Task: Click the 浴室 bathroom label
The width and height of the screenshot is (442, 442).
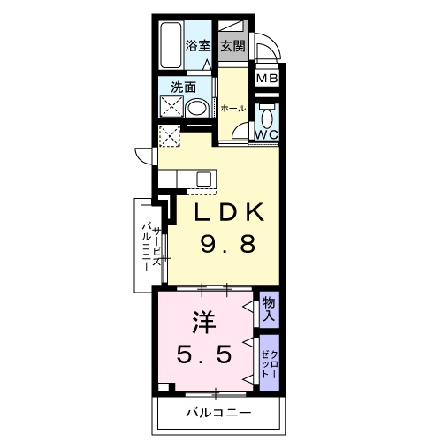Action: point(198,46)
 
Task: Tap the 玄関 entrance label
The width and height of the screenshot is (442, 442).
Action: point(233,46)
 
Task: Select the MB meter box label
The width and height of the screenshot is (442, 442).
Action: point(267,79)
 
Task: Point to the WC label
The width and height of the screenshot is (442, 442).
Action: point(266,134)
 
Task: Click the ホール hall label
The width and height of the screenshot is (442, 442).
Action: point(233,109)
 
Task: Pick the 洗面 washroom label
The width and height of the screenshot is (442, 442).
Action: point(184,88)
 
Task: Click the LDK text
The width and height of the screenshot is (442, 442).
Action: point(228,212)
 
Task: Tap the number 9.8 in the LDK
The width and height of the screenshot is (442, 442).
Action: point(228,245)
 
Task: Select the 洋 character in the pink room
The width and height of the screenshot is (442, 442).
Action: point(204,324)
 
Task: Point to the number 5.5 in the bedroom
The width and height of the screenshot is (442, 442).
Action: point(204,355)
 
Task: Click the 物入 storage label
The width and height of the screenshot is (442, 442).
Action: point(269,309)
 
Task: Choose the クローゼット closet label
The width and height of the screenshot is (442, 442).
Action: point(270,364)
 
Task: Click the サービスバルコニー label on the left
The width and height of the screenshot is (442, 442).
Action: point(152,247)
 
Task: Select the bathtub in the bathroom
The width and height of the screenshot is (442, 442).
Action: point(171,45)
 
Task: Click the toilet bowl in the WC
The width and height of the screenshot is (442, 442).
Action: point(267,118)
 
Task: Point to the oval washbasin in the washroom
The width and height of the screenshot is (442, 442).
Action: point(197,108)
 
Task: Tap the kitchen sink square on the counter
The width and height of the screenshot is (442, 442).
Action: point(203,179)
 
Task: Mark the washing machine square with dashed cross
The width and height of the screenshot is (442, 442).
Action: point(170,136)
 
